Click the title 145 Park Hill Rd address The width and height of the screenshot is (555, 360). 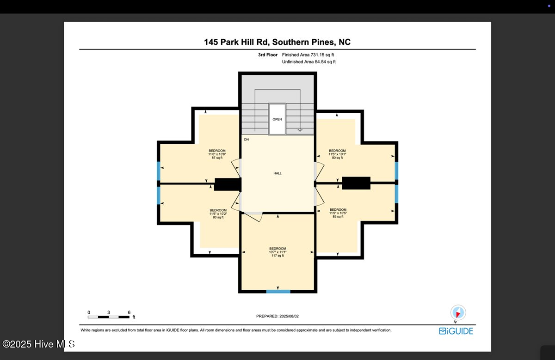pos(277,42)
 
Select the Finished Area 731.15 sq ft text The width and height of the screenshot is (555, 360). pos(308,55)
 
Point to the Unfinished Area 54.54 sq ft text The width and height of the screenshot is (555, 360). pos(308,61)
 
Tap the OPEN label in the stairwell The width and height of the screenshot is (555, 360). pos(277,119)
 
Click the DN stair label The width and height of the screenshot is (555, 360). pos(247,139)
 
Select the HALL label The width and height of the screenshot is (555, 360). pos(277,173)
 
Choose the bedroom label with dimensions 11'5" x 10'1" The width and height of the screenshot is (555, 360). pos(337,154)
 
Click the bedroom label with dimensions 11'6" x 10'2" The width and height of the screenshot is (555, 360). pos(218,214)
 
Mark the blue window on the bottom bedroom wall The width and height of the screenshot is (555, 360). pos(278,291)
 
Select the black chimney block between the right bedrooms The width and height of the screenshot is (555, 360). pos(356,183)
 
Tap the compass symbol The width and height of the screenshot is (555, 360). pos(458,312)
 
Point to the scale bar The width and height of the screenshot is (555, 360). pos(109,317)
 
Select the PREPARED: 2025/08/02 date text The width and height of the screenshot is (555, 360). pos(277,317)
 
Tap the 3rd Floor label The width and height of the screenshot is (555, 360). pos(268,55)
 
